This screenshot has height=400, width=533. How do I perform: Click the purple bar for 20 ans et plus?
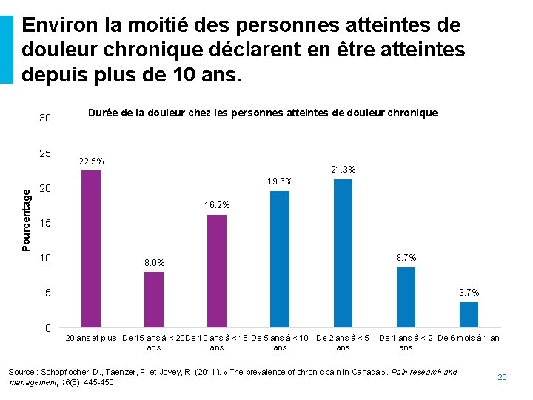90,249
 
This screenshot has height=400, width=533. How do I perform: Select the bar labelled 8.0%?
153,299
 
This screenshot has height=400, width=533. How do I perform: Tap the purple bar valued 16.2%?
217,271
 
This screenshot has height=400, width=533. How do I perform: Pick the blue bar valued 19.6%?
280,259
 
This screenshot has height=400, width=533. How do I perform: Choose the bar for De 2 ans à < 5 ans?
343,253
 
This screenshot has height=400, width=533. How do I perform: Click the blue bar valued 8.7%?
406,297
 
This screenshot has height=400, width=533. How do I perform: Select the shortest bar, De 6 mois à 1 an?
469,315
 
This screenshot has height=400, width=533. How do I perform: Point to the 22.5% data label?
91,161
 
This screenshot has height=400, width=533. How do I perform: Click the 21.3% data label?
343,170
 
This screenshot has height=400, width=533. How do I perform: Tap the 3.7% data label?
469,293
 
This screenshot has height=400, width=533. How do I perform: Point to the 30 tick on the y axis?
45,119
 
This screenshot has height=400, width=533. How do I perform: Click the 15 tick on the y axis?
45,224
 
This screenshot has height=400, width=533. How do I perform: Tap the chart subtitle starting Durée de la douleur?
263,113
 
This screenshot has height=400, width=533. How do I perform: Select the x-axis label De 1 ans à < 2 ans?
406,342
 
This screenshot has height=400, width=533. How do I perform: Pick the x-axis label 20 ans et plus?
91,339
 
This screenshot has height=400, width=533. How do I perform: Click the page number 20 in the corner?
502,378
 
